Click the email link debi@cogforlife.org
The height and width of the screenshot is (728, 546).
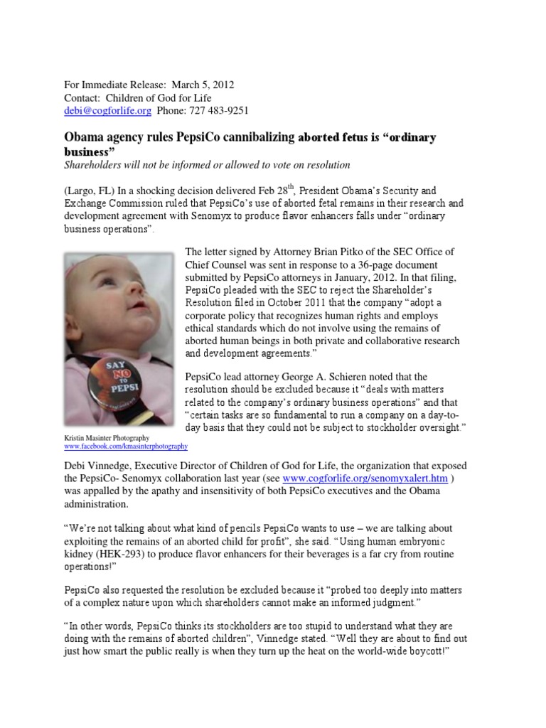tap(107, 110)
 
